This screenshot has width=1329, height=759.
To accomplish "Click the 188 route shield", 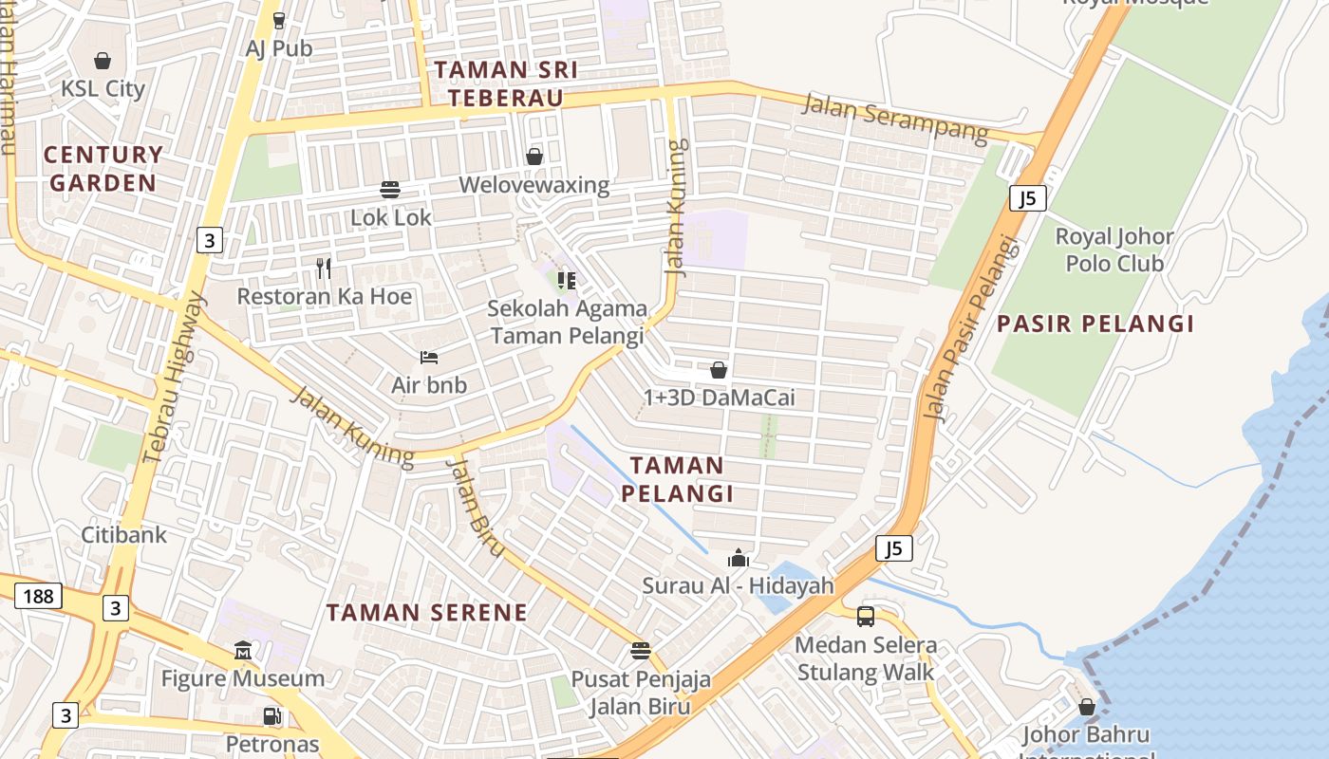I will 38,596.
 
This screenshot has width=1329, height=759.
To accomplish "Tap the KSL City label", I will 103,89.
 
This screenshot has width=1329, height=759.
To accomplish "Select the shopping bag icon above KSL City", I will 103,61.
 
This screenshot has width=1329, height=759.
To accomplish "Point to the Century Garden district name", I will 103,168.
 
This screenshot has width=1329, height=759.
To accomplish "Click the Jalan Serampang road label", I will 895,119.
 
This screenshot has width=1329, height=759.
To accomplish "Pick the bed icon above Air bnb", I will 429,358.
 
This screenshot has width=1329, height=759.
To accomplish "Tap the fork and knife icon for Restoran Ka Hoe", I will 324,268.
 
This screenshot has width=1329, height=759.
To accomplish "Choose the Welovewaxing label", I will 533,184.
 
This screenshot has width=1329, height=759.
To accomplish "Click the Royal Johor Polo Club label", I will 1114,249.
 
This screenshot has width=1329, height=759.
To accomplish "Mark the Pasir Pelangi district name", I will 1095,324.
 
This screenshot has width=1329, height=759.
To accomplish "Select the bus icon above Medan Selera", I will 866,617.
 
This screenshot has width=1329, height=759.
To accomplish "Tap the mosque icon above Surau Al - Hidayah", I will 738,558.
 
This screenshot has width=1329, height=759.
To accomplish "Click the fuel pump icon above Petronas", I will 271,716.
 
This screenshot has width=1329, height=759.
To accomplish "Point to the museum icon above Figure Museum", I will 243,651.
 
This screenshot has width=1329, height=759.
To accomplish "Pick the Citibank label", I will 123,534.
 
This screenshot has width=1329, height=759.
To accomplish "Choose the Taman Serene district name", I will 426,612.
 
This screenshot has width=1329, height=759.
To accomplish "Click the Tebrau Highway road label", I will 173,378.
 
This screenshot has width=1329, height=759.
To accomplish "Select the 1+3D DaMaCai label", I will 719,398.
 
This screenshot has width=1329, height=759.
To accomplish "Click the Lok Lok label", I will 391,217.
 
